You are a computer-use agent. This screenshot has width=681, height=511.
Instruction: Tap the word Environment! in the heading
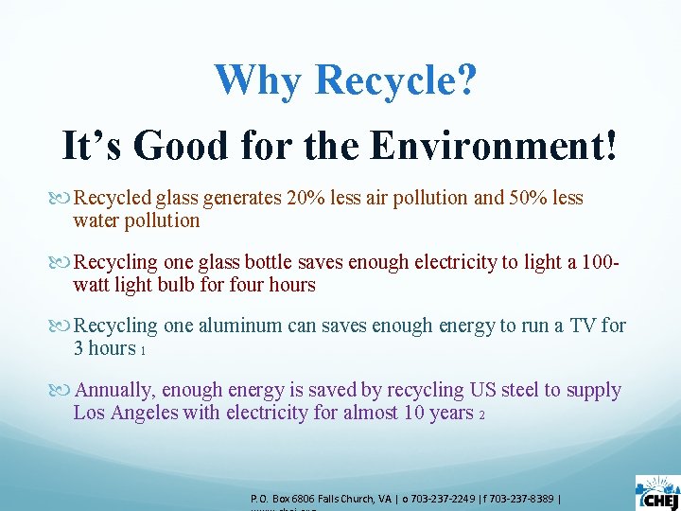click(493, 146)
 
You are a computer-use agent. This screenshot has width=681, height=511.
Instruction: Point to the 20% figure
click(304, 198)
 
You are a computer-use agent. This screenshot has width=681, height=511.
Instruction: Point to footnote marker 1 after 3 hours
click(142, 351)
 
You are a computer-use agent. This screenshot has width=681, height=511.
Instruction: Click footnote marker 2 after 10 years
click(481, 415)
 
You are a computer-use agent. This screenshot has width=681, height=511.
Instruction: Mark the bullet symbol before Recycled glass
click(64, 199)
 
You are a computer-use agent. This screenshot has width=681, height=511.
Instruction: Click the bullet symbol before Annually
click(64, 391)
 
